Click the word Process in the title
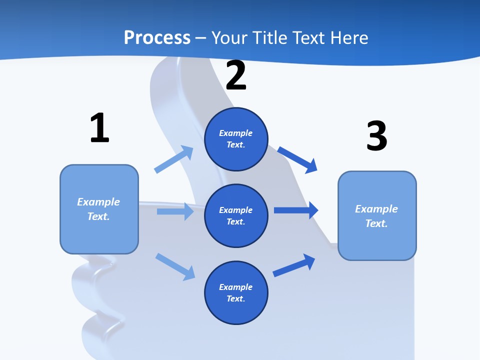click(157, 38)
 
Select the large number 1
click(99, 128)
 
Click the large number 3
click(376, 136)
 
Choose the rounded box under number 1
click(99, 209)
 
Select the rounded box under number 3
click(377, 216)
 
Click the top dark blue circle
click(236, 139)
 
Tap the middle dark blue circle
click(236, 216)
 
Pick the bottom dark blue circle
click(236, 293)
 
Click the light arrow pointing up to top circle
click(174, 159)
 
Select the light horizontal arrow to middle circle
click(175, 211)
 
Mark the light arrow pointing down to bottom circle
click(175, 266)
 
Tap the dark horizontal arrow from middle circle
click(296, 210)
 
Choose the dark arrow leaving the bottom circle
click(294, 265)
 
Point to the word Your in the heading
click(228, 38)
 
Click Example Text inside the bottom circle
click(236, 293)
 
